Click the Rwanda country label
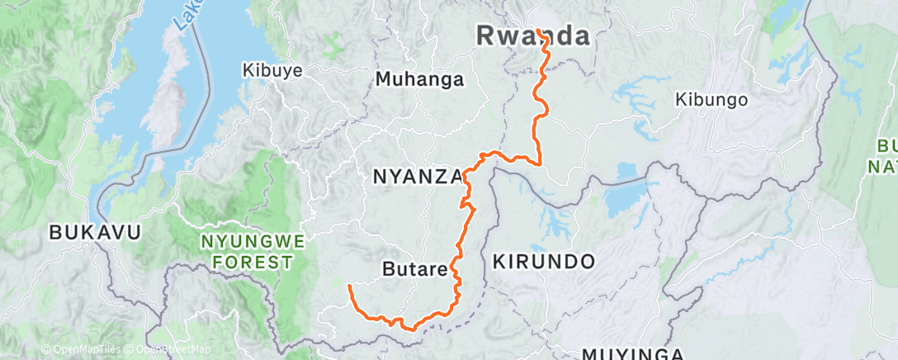click(x=534, y=36)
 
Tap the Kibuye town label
click(x=272, y=71)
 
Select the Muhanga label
click(x=419, y=80)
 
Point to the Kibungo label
click(x=711, y=100)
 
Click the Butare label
click(x=414, y=269)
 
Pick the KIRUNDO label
click(x=544, y=262)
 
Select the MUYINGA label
click(x=632, y=354)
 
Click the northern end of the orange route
click(x=537, y=31)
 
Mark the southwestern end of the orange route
click(x=349, y=286)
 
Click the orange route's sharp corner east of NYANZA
click(x=540, y=163)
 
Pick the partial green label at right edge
click(x=884, y=157)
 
